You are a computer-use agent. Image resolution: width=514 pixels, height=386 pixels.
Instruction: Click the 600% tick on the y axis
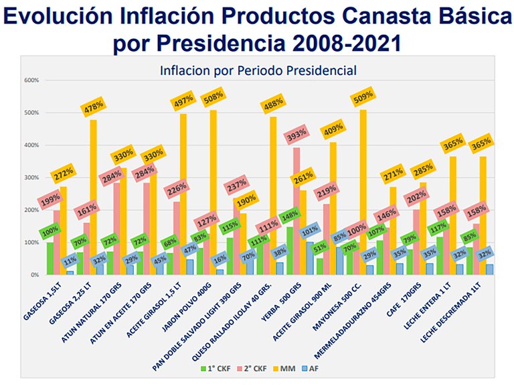(x=31, y=80)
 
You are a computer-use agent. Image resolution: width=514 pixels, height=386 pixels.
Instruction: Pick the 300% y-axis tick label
(x=31, y=178)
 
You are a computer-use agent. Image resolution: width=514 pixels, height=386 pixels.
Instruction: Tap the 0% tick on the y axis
(x=33, y=275)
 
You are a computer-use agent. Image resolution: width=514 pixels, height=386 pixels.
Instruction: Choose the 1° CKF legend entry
(x=212, y=368)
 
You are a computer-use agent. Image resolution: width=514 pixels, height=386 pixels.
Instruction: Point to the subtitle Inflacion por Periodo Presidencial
(x=258, y=70)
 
